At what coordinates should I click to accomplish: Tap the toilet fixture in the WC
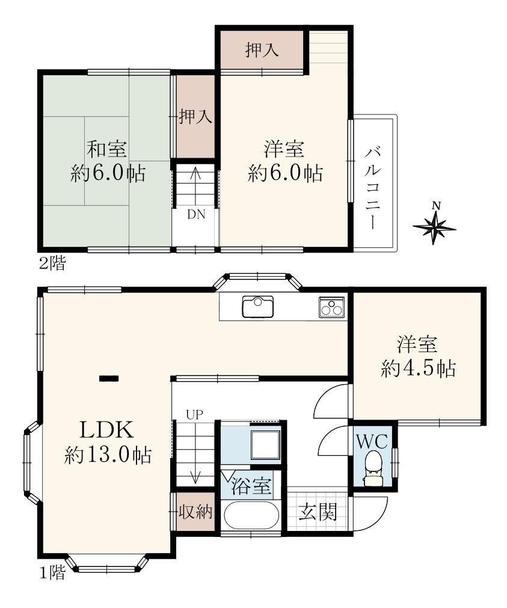(373, 468)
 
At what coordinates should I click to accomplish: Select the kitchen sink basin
(257, 306)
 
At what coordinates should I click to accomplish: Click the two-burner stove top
(331, 307)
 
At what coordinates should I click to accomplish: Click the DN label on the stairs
(196, 214)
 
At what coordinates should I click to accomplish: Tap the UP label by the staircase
(194, 415)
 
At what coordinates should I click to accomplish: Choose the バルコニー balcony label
(373, 188)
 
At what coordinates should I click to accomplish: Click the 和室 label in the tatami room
(107, 149)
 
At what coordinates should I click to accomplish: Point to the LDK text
(107, 430)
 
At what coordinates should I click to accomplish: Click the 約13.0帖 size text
(108, 454)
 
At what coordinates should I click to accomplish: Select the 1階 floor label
(53, 572)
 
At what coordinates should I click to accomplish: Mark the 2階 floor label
(53, 264)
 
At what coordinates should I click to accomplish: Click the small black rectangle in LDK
(109, 379)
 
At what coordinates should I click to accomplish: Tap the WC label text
(372, 442)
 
